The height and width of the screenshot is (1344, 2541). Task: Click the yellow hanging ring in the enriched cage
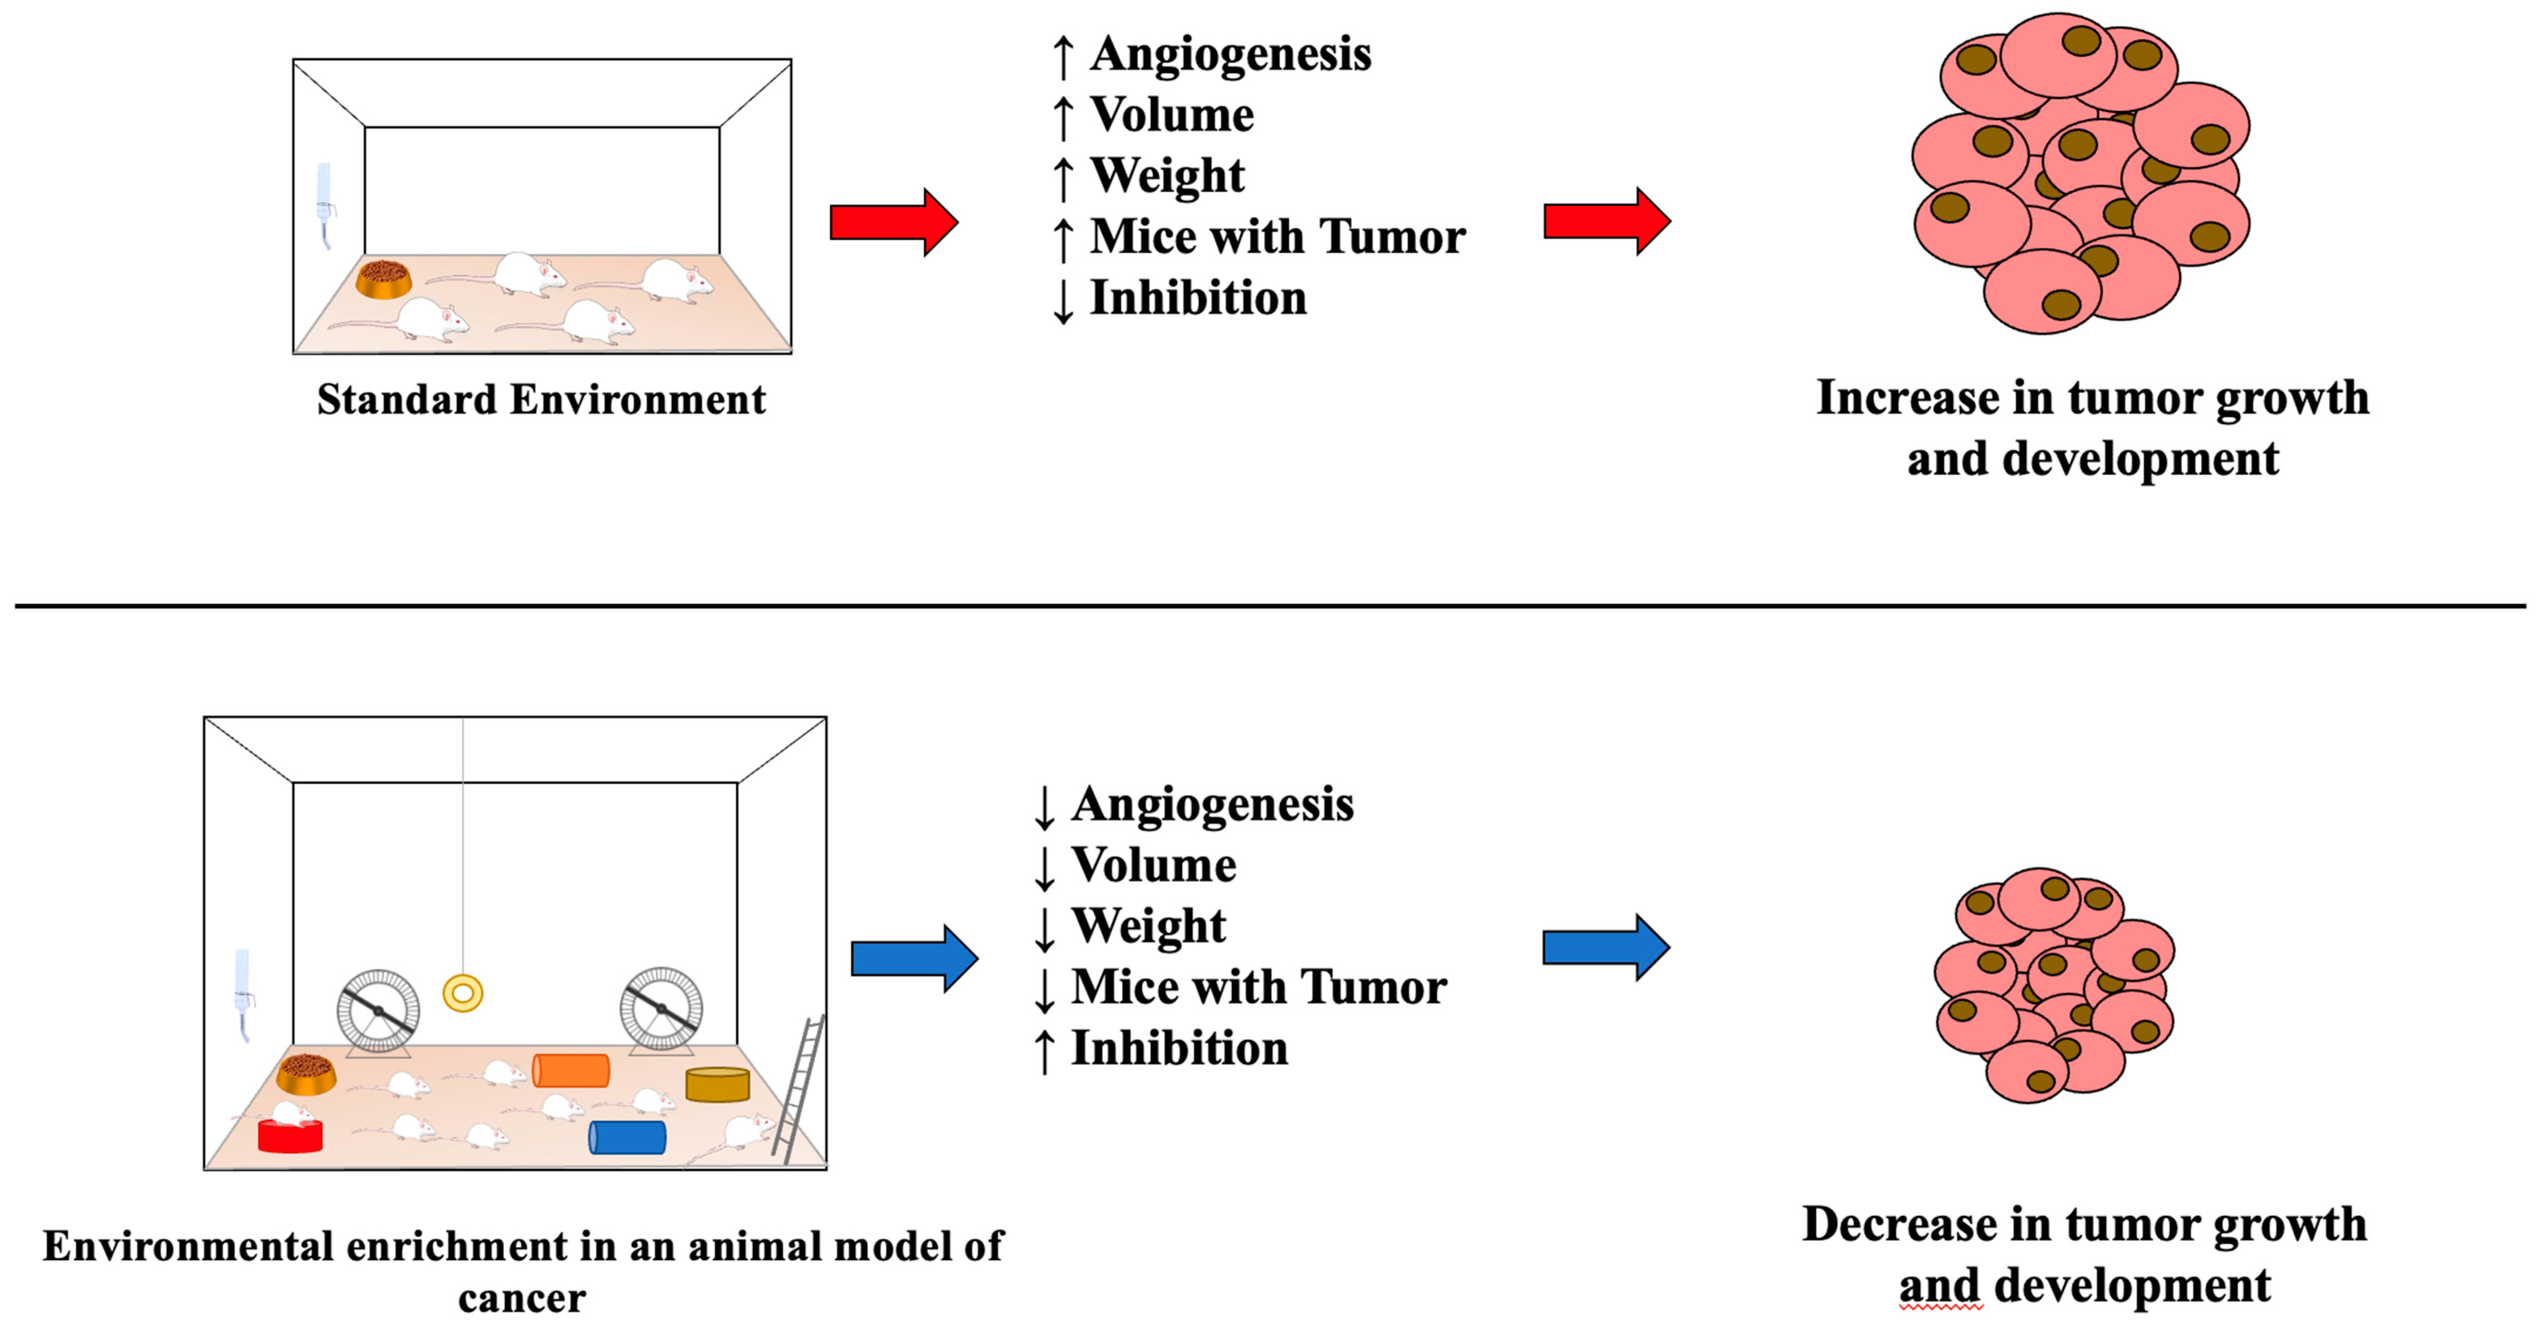[x=463, y=993]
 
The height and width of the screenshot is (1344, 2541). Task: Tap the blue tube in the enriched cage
[x=628, y=1137]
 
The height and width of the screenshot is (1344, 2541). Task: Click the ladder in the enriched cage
[x=799, y=1089]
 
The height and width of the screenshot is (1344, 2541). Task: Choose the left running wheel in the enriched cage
[x=379, y=1011]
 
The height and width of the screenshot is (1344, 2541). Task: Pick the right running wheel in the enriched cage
[x=661, y=1009]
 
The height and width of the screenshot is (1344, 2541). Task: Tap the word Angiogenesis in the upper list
[x=1230, y=54]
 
